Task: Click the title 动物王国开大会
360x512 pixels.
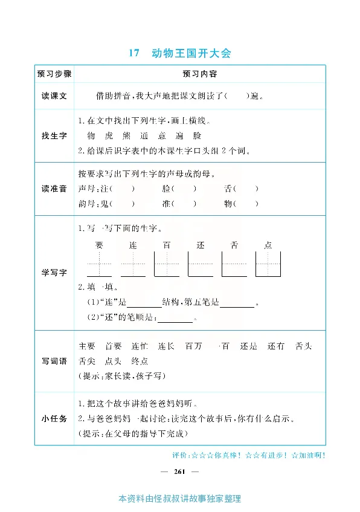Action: (191, 53)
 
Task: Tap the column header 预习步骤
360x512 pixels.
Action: (54, 74)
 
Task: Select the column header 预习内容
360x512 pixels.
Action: (199, 74)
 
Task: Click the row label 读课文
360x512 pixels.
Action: (54, 96)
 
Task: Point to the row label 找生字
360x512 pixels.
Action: (54, 136)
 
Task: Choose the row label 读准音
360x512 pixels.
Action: (54, 189)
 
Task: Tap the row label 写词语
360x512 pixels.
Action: (54, 361)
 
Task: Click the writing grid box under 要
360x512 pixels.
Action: (99, 264)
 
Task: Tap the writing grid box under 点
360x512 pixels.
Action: (268, 264)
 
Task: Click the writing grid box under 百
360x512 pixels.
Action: (167, 264)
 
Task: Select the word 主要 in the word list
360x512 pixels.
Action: (87, 346)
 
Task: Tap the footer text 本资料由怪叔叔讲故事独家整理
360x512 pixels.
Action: (180, 499)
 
